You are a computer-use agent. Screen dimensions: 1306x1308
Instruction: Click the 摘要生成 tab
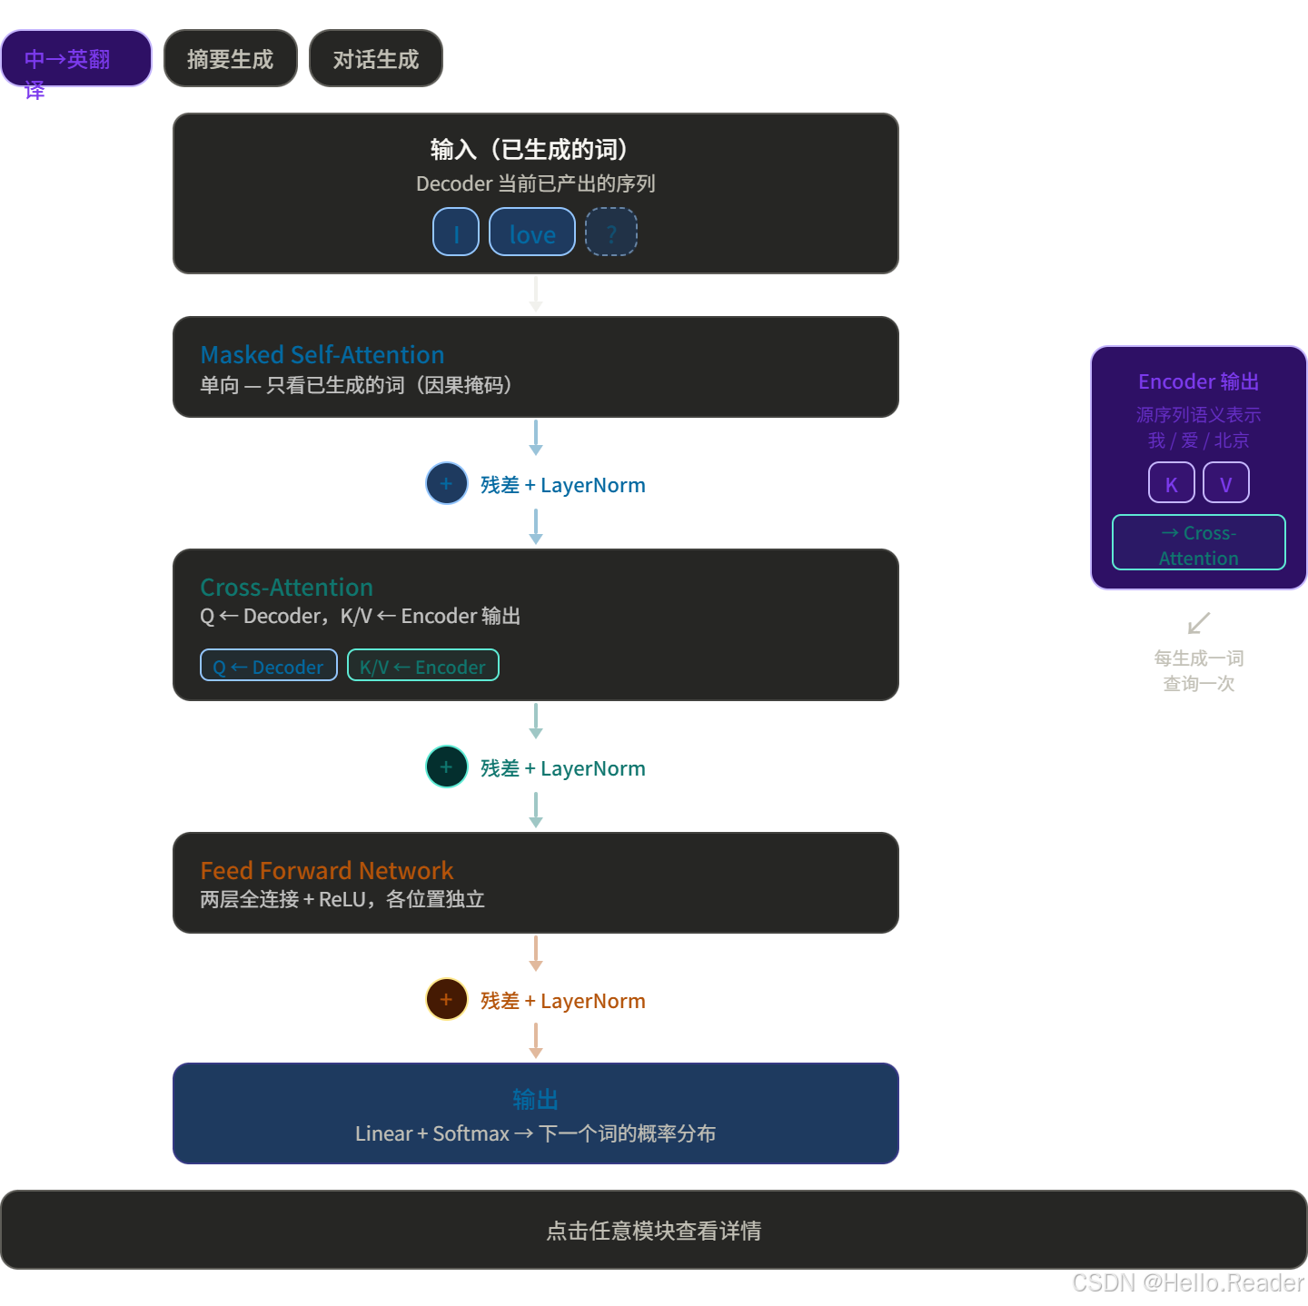pyautogui.click(x=231, y=59)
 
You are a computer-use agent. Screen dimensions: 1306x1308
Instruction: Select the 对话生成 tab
pyautogui.click(x=376, y=59)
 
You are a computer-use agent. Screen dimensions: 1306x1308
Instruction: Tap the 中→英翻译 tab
pyautogui.click(x=76, y=59)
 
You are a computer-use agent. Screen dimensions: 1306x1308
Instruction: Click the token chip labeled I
pyautogui.click(x=456, y=233)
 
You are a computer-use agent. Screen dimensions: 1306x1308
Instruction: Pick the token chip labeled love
pyautogui.click(x=532, y=233)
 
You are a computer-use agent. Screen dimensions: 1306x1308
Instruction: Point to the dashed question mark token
pyautogui.click(x=611, y=233)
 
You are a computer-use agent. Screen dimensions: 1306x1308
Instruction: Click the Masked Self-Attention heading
pyautogui.click(x=322, y=354)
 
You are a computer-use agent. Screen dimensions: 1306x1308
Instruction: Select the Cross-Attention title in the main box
pyautogui.click(x=286, y=587)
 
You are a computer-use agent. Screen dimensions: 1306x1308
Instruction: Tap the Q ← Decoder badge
pyautogui.click(x=269, y=666)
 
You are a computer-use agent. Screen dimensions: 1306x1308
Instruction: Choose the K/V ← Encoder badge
pyautogui.click(x=423, y=666)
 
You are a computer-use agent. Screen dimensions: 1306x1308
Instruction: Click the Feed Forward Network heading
pyautogui.click(x=327, y=870)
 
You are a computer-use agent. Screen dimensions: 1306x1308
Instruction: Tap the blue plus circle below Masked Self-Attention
pyautogui.click(x=447, y=484)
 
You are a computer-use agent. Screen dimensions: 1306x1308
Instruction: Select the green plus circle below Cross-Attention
pyautogui.click(x=447, y=767)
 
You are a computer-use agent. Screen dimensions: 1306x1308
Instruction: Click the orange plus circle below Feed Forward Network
pyautogui.click(x=447, y=1000)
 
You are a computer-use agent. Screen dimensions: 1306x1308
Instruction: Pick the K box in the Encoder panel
pyautogui.click(x=1172, y=483)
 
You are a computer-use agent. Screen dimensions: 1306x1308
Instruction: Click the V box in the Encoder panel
pyautogui.click(x=1226, y=483)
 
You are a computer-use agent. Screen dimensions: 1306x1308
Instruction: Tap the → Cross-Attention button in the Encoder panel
pyautogui.click(x=1199, y=543)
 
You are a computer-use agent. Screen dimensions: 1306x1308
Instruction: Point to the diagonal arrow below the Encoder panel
pyautogui.click(x=1199, y=624)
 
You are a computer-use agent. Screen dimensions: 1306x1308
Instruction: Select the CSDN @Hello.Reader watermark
pyautogui.click(x=1186, y=1282)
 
